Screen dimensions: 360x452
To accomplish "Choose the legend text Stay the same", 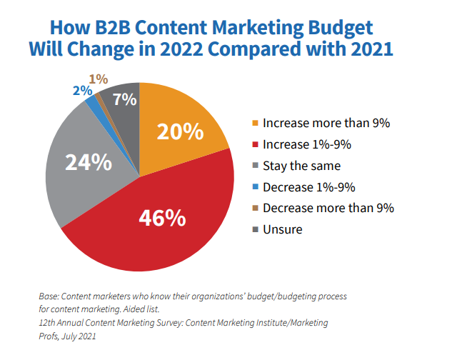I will (x=301, y=166).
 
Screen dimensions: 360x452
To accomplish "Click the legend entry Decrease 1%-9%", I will (x=309, y=187).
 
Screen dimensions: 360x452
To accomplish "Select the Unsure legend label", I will (x=283, y=229).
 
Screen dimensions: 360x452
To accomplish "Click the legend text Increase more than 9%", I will (x=326, y=123).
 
